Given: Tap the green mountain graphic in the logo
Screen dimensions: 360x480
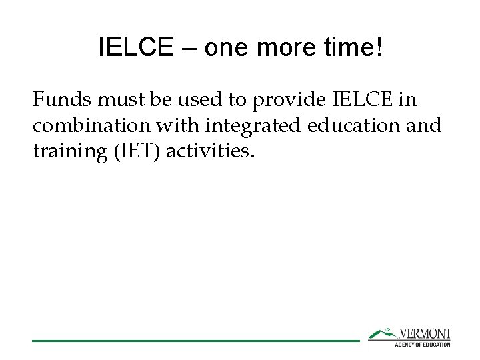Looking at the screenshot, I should point(383,333).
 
